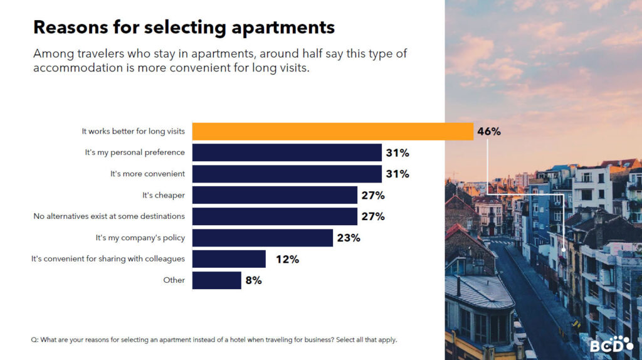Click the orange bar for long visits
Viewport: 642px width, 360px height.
coord(332,131)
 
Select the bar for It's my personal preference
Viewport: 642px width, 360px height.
coord(287,152)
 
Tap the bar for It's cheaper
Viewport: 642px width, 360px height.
coord(275,195)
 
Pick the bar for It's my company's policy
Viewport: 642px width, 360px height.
coord(262,238)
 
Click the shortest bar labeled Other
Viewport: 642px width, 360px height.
coord(216,280)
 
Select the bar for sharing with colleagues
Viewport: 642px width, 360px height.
coord(229,259)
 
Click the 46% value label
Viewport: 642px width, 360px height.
coord(489,132)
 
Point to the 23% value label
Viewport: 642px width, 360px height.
coord(349,238)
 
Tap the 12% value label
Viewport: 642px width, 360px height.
coord(287,260)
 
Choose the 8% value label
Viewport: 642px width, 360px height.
coord(253,281)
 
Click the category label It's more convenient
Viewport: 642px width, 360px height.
coord(147,174)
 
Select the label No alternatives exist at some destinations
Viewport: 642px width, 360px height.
coord(109,216)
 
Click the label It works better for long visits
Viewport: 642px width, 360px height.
coord(133,131)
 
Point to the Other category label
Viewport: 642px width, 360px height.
coord(174,280)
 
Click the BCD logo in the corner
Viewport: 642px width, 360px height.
coord(611,344)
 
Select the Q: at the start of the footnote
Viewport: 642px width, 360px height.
coord(34,340)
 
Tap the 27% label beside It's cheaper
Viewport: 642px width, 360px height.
coord(373,196)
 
